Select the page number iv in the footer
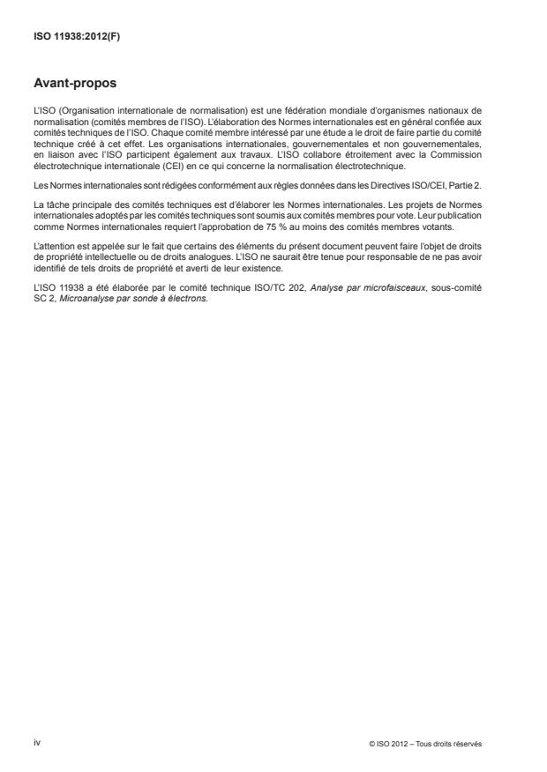pos(37,743)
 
